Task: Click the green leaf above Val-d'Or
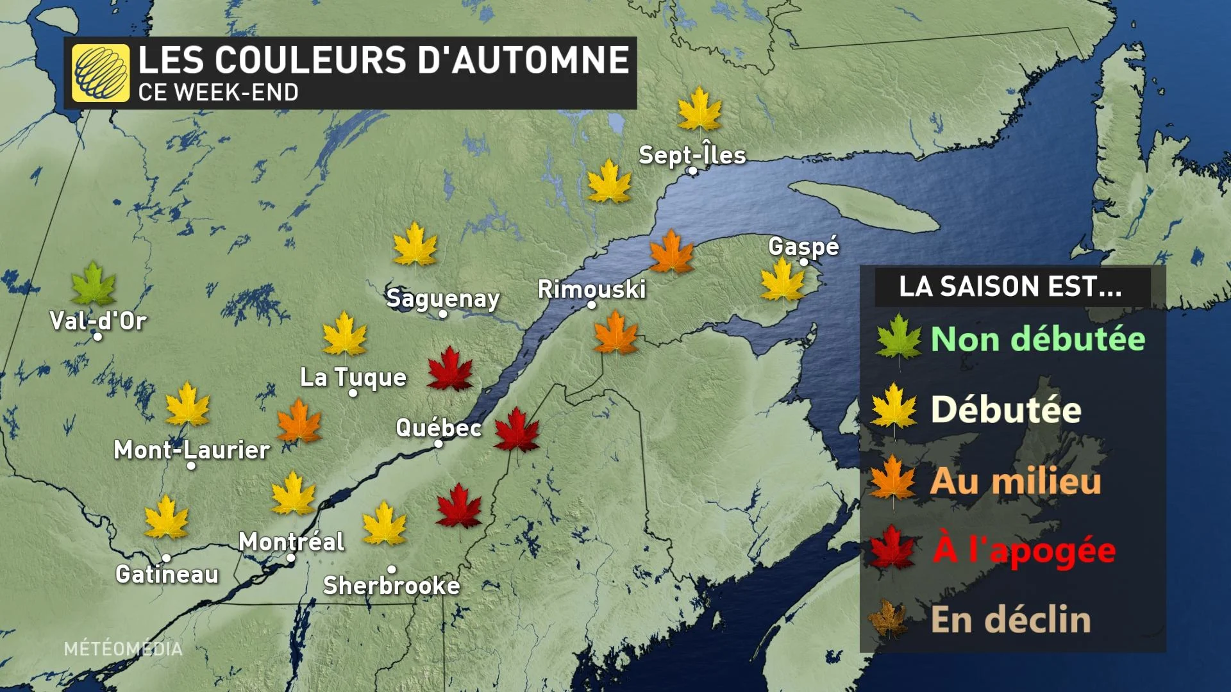94,284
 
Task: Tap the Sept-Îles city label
692,155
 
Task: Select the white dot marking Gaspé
803,261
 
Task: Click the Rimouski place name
591,289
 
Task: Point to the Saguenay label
443,299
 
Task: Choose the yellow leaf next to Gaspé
782,281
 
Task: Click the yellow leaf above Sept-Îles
699,110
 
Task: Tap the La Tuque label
353,377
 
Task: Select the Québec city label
439,427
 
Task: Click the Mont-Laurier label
192,450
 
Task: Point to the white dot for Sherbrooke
392,569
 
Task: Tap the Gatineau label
167,574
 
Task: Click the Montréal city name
292,542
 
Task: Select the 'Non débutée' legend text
1037,339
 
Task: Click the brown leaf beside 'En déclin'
889,619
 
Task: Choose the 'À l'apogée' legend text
1025,550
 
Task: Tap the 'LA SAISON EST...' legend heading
1010,286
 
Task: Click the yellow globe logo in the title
101,73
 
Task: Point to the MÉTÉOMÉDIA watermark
123,648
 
